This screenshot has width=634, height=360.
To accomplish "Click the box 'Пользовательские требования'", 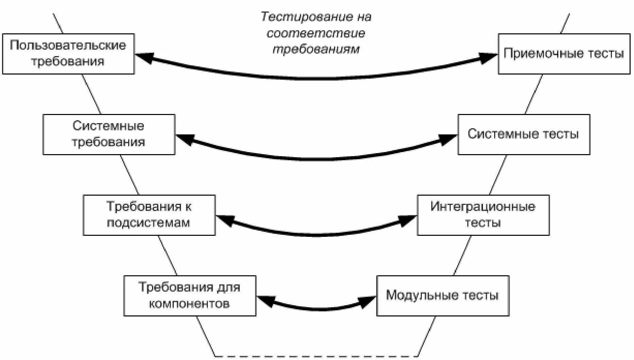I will click(68, 54).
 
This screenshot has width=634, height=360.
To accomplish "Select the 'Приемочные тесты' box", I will click(564, 54).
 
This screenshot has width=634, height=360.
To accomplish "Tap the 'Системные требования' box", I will click(109, 134).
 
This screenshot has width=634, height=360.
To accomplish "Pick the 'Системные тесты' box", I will click(523, 134).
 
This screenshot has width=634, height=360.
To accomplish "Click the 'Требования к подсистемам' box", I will click(149, 215).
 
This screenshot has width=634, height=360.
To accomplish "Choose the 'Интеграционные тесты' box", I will click(483, 215).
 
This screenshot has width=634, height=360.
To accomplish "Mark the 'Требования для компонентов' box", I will click(189, 296).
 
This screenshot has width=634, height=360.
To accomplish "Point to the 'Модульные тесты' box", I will click(443, 296).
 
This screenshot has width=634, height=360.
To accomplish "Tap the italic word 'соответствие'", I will click(316, 33).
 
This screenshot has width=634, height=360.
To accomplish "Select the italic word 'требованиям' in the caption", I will click(316, 49).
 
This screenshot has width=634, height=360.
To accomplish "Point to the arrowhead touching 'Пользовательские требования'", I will click(144, 57).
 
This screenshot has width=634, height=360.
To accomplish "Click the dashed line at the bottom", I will click(316, 356).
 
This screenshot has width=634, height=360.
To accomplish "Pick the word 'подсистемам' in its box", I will click(148, 223).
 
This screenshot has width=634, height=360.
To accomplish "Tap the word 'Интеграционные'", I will click(483, 207).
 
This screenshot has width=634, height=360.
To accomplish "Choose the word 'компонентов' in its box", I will click(189, 304).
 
